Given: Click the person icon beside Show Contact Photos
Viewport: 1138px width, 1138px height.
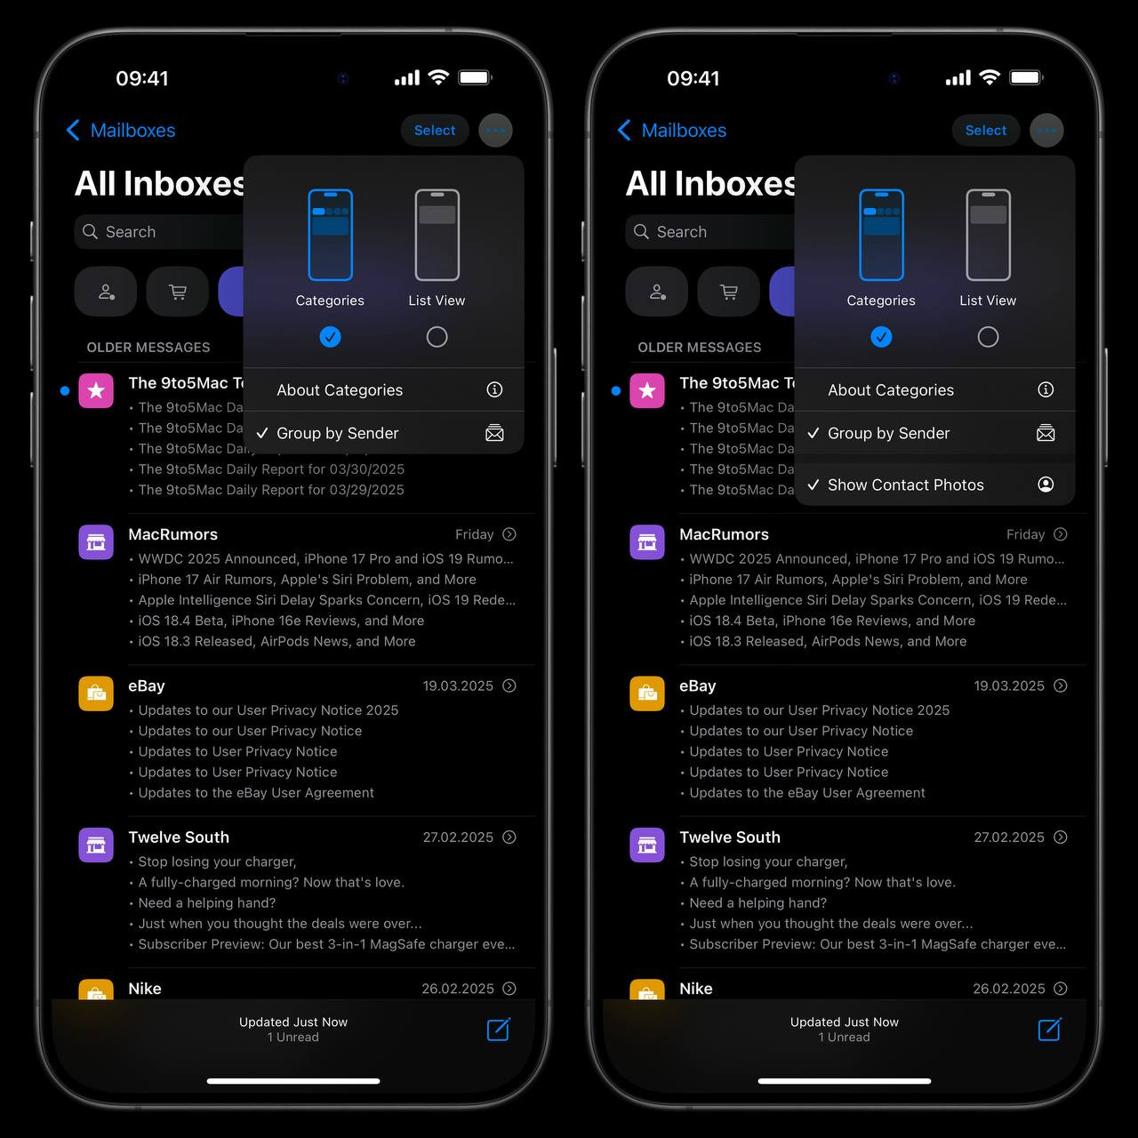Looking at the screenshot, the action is pos(1046,485).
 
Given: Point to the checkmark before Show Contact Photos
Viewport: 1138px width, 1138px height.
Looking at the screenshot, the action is pos(813,485).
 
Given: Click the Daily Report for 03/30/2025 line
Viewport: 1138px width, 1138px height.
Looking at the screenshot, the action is pos(271,469).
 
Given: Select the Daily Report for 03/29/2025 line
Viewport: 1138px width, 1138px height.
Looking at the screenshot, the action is pos(271,490).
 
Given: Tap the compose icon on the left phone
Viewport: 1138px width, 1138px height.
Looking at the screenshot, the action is pos(499,1030).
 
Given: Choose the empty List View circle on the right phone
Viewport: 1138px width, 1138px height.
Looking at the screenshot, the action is pos(988,337).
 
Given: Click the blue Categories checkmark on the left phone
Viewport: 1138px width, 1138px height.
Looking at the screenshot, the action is pos(330,337).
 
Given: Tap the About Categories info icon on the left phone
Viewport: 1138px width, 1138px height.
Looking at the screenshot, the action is pos(494,389).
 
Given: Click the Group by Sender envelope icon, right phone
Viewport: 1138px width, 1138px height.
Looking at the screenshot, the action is pos(1046,433).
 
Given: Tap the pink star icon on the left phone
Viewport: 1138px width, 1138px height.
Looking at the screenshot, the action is pos(96,390).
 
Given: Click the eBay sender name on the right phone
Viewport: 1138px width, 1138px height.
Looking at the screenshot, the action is pos(697,685).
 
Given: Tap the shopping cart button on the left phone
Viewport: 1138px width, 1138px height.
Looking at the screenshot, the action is pos(177,292).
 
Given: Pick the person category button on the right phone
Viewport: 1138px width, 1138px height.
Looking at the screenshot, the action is pos(657,292).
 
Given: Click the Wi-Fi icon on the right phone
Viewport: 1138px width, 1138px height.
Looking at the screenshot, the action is pos(990,77).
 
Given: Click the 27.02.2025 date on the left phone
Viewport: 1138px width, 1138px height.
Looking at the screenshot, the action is pos(458,837).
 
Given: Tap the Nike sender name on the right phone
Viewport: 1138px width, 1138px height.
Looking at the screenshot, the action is pos(695,989).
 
